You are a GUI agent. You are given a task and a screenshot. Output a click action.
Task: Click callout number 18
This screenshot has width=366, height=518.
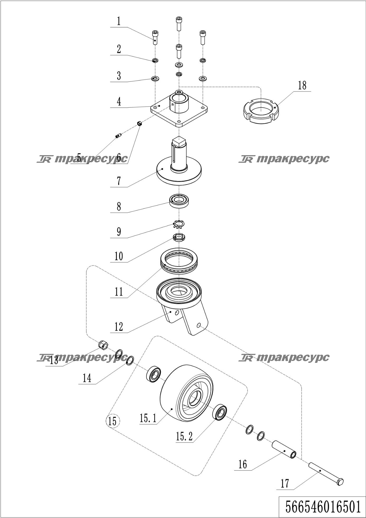coord(302,85)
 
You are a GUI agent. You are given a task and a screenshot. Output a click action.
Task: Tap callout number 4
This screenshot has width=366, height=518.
coord(119,102)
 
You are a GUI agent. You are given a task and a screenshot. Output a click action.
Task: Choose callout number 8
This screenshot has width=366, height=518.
coord(119,206)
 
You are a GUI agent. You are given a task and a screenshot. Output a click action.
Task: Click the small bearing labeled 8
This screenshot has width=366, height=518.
coord(179,201)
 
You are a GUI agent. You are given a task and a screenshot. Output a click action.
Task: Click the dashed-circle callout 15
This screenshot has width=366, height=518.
coord(112,421)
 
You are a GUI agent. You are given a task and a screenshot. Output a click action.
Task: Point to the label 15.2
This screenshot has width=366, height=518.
coord(184,437)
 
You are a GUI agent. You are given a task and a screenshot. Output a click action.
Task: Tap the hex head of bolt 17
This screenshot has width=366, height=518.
coord(340,481)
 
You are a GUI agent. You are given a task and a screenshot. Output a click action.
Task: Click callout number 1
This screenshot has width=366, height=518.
coord(119,21)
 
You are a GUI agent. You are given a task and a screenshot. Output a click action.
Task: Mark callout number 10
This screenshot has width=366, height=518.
coord(119,256)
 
